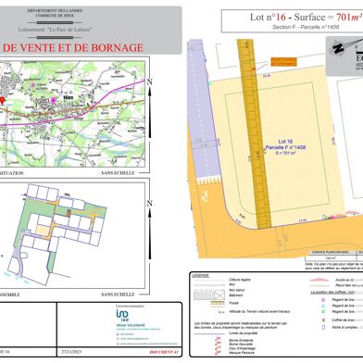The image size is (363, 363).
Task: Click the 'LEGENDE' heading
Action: pos(200,275)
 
